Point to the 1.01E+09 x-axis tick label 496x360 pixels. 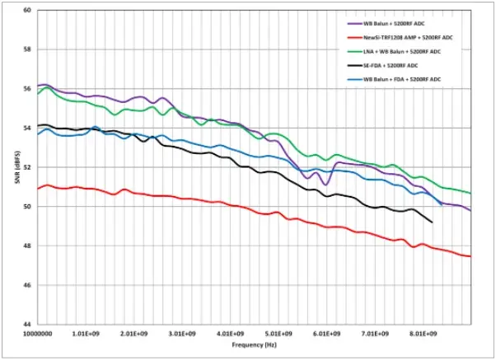[x=86, y=334]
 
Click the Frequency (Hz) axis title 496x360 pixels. [x=249, y=348]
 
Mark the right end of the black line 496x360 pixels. [x=433, y=222]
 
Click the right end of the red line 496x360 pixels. [x=470, y=256]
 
